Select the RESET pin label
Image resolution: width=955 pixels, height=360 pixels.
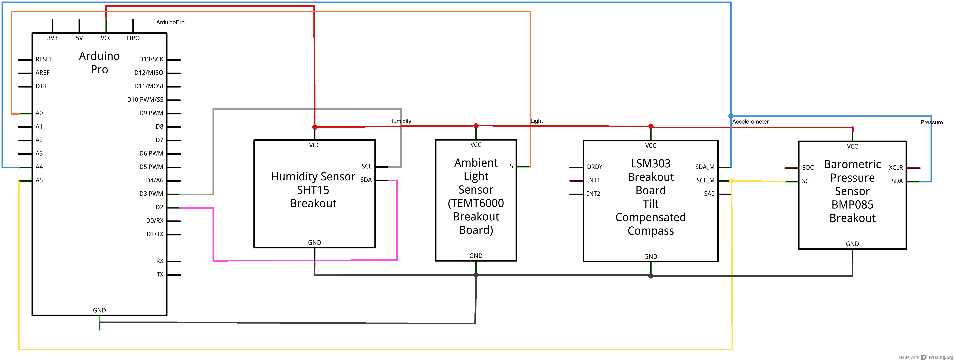pyautogui.click(x=44, y=59)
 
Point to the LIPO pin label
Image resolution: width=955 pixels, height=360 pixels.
pyautogui.click(x=133, y=38)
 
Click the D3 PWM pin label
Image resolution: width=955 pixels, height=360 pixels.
pyautogui.click(x=151, y=194)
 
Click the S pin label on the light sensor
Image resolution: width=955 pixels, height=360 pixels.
pyautogui.click(x=511, y=166)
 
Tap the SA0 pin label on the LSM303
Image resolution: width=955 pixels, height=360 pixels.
pyautogui.click(x=709, y=194)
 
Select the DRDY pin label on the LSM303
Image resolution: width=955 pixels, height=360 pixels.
pyautogui.click(x=595, y=167)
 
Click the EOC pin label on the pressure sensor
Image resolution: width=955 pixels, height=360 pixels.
pyautogui.click(x=808, y=168)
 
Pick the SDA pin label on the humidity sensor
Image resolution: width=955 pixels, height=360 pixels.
pyautogui.click(x=366, y=180)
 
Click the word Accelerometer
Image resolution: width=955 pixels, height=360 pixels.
pyautogui.click(x=750, y=122)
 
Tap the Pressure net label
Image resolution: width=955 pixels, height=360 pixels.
pyautogui.click(x=932, y=122)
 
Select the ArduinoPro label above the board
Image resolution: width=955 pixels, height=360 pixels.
pyautogui.click(x=170, y=22)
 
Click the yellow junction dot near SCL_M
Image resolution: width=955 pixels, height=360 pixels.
pyautogui.click(x=732, y=181)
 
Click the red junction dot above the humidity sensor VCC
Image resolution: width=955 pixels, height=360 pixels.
pyautogui.click(x=315, y=127)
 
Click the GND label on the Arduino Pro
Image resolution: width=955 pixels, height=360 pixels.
pyautogui.click(x=99, y=310)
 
